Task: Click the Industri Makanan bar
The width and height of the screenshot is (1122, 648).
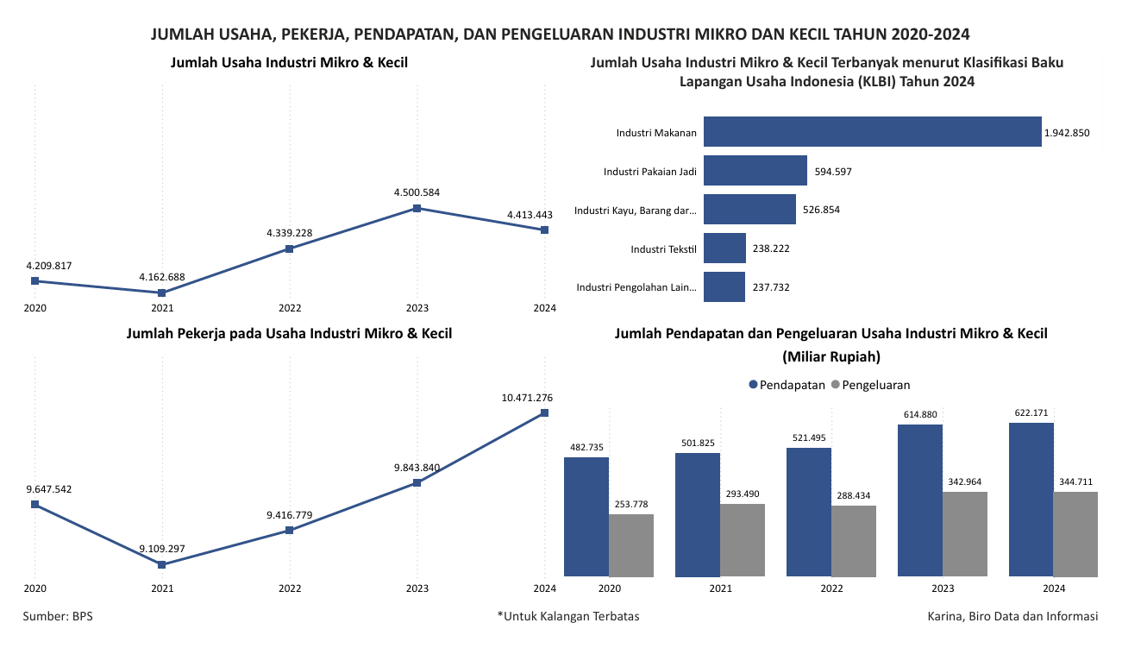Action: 872,131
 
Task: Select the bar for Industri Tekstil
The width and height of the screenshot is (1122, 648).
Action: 724,249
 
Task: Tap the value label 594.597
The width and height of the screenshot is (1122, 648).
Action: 833,171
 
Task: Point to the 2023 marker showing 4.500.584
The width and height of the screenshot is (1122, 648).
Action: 417,208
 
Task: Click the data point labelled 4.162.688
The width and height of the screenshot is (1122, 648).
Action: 162,293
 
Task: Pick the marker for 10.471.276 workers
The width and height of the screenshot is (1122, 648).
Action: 545,412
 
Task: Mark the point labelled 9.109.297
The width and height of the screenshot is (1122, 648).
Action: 162,564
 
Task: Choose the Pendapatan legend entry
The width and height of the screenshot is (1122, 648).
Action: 787,385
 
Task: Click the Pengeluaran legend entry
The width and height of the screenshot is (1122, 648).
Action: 871,385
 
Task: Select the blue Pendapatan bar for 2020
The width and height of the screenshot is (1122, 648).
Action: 586,516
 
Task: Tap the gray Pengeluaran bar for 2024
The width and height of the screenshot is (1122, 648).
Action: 1075,533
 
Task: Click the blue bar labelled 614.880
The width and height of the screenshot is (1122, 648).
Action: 920,500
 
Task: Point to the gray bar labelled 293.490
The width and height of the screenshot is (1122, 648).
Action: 743,539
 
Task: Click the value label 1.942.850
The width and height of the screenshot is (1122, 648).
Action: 1067,133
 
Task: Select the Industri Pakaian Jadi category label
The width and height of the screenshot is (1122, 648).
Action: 650,172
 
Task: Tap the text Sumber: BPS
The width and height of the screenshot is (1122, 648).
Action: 58,616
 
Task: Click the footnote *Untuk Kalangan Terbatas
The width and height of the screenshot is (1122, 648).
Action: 568,616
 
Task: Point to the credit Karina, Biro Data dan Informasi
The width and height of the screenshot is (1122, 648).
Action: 1012,616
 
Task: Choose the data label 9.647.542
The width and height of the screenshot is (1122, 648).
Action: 49,489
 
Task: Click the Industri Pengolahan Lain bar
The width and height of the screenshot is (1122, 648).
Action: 724,287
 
